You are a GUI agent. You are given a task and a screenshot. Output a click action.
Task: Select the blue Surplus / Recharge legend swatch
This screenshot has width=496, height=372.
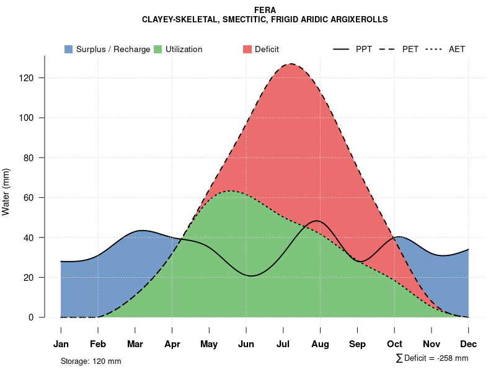[68, 49]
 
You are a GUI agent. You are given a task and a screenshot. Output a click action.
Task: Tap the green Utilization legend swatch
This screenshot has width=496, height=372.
[157, 49]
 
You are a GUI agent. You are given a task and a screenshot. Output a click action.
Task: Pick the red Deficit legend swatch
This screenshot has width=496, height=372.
[247, 49]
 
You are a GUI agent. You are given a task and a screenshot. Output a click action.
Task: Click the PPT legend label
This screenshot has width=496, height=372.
[364, 49]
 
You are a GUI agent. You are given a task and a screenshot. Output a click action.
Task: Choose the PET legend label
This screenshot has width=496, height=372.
[410, 49]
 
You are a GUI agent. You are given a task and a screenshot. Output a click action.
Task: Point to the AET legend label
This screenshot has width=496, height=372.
[457, 49]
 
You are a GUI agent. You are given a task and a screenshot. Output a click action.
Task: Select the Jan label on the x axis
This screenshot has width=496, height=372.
[61, 344]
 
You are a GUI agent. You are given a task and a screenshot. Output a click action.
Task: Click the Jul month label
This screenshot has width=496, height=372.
[283, 344]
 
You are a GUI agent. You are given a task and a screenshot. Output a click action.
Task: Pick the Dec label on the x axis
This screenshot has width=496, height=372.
[469, 344]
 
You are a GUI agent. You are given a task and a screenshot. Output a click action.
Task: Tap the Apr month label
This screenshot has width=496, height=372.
[172, 344]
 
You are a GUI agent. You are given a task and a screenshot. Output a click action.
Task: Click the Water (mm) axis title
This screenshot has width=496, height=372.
[6, 192]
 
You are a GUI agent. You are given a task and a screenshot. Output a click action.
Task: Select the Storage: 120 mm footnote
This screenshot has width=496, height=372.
[91, 361]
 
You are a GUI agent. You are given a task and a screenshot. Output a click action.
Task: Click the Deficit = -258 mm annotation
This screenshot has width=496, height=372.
[435, 358]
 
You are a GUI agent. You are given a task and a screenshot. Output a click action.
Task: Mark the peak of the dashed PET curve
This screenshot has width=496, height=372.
[290, 64]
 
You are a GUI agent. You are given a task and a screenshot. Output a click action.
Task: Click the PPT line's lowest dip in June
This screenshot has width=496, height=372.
[250, 275]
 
